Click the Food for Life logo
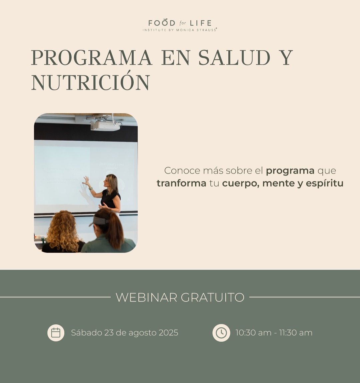coord(180,25)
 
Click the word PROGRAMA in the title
coord(92,58)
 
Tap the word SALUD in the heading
coord(234,58)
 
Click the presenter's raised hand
coord(86,181)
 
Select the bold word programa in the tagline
coord(290,171)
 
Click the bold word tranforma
coord(182,183)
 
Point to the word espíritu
coord(325,183)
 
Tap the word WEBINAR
coord(146,297)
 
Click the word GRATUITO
coord(213,297)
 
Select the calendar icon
coord(56,333)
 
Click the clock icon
coord(221,333)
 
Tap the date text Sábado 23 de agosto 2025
coord(125,333)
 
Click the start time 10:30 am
coord(253,333)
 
